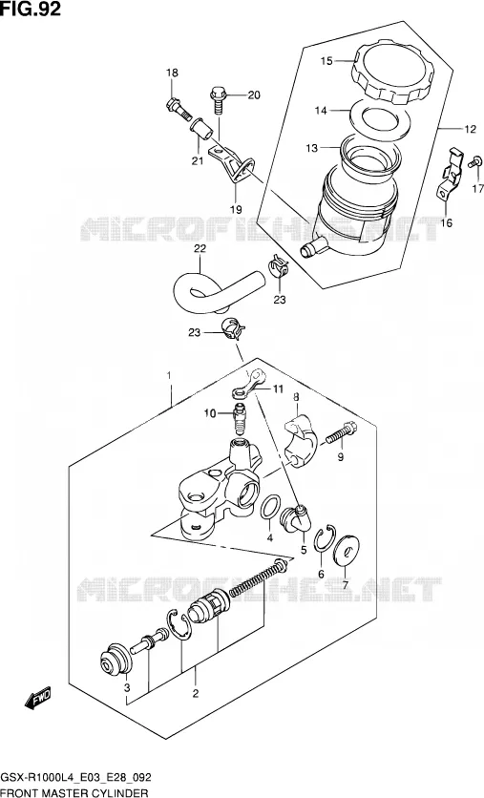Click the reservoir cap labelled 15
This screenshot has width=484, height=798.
click(x=391, y=72)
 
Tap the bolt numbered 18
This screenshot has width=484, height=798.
click(x=179, y=108)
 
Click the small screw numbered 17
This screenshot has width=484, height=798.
click(x=473, y=162)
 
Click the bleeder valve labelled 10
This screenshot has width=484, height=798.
click(x=239, y=416)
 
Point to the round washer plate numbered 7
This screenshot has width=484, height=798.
click(x=347, y=550)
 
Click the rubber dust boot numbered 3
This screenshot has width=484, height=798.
click(x=115, y=660)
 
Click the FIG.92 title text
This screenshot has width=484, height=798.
click(x=31, y=9)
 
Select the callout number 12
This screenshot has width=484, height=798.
click(x=470, y=129)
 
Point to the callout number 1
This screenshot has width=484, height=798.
click(x=170, y=375)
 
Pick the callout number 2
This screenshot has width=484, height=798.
click(x=196, y=693)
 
